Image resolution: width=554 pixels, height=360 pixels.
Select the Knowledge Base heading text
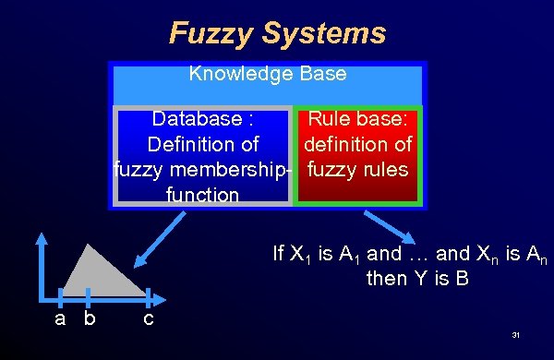pos(267,73)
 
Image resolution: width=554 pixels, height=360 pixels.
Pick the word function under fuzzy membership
pos(202,195)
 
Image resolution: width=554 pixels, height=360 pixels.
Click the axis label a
pos(60,319)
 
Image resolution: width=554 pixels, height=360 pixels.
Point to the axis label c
pos(148,319)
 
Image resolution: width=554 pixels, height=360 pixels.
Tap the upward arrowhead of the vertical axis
pos(41,237)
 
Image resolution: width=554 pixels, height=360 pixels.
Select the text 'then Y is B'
pos(413,278)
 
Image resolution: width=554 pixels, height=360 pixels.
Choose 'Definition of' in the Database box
pos(202,145)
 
